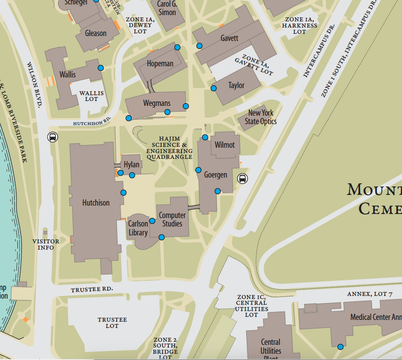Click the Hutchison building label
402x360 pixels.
(96, 203)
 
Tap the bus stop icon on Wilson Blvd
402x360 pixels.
(53, 137)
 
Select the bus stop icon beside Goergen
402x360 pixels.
(243, 179)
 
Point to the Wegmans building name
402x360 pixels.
(157, 103)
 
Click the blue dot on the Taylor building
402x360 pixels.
(214, 88)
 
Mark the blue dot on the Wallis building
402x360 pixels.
(101, 68)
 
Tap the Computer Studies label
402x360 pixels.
(172, 219)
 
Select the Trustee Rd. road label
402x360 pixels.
(92, 290)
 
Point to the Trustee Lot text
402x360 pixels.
(112, 323)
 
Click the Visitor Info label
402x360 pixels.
(45, 244)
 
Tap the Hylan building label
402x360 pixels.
(131, 165)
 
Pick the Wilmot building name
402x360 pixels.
(225, 145)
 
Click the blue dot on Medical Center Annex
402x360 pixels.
(341, 347)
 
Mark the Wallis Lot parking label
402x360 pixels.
(91, 96)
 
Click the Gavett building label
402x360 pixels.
(229, 38)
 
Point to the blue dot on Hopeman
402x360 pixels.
(177, 47)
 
